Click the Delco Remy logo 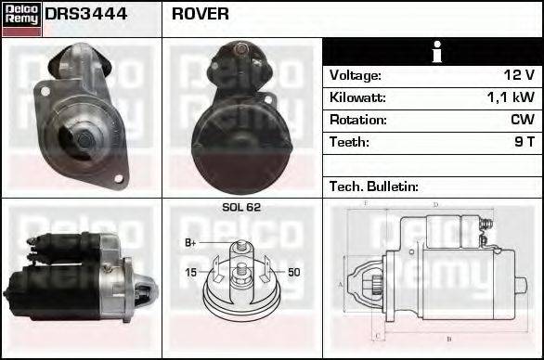21,18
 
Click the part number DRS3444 87,15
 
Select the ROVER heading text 201,15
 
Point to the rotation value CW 522,120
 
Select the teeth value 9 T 525,142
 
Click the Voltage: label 356,75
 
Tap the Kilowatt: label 357,97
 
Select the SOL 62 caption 241,208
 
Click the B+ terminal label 191,243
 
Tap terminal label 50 293,272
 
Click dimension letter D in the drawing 434,205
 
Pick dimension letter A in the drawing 341,285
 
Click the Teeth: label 349,142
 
